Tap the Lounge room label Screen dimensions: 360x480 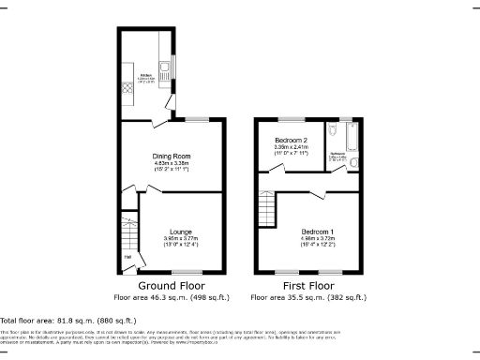(181, 231)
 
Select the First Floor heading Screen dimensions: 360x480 (307, 284)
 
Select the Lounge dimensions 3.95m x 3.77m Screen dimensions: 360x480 (181, 242)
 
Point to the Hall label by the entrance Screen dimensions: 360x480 (127, 259)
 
